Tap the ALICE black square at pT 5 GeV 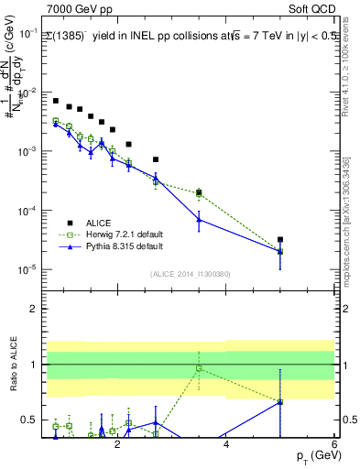click(280, 240)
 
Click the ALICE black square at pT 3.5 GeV click(199, 192)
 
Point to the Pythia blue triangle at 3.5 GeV click(199, 220)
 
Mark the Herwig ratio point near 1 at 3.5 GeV click(199, 369)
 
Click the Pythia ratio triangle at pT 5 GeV click(280, 401)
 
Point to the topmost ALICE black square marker click(56, 101)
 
